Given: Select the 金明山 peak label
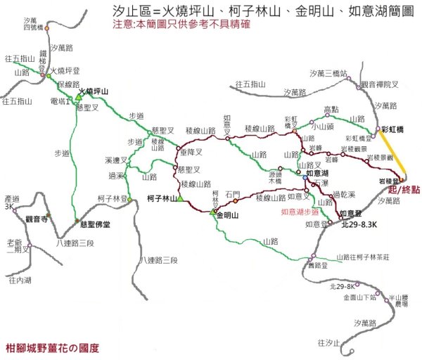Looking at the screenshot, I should (x=230, y=215).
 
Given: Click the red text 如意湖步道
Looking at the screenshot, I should (x=300, y=211).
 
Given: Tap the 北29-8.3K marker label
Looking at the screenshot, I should (x=359, y=224).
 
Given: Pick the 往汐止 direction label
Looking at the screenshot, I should (x=328, y=342).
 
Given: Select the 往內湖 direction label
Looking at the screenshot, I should (x=20, y=279).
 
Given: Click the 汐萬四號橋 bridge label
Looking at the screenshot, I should (x=32, y=24).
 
